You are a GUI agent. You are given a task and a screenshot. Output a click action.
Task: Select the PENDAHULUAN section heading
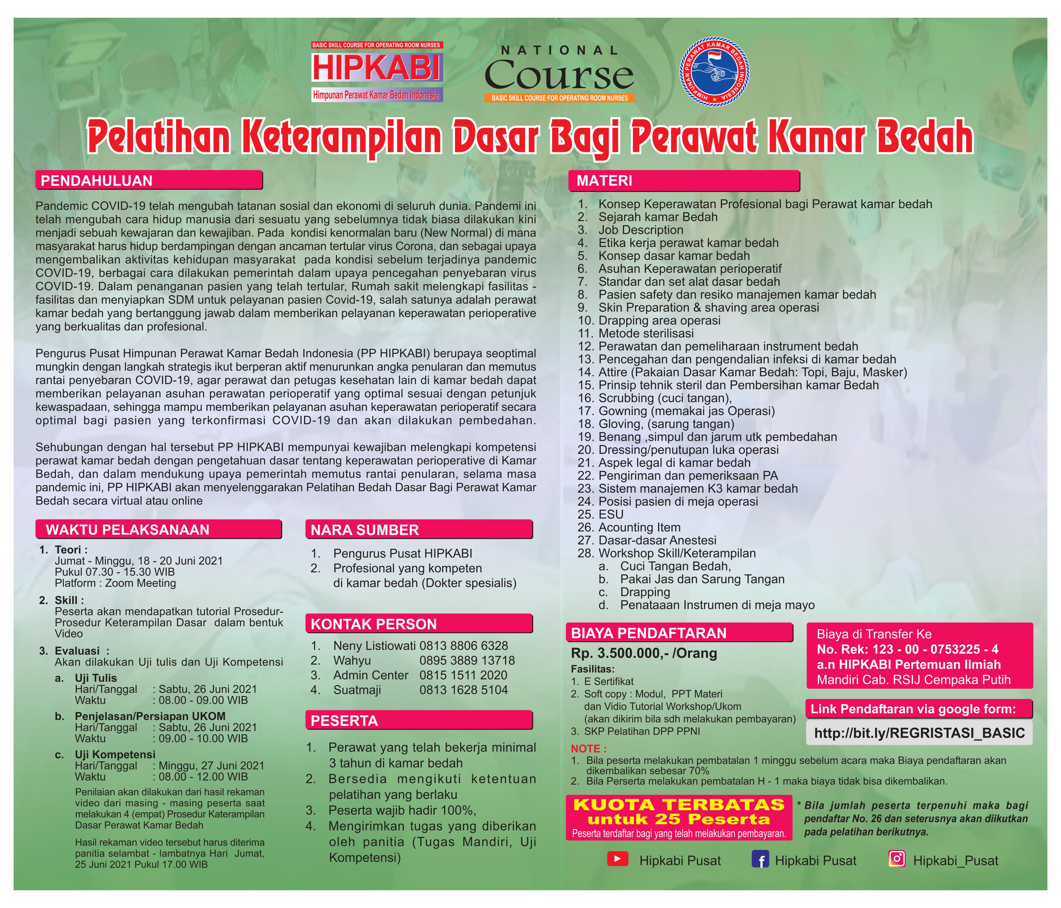(97, 181)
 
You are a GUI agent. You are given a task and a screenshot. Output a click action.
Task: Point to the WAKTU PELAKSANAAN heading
(128, 530)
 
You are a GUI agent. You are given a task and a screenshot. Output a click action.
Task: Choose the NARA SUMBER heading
(365, 530)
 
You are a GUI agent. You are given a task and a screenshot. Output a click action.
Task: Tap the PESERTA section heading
(344, 721)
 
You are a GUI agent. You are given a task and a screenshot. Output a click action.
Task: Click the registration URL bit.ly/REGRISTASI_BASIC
(919, 733)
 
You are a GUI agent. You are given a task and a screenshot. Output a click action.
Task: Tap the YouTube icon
(618, 859)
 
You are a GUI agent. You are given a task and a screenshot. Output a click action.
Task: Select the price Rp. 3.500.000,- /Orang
(644, 653)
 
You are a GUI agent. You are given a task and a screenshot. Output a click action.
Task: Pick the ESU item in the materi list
(611, 514)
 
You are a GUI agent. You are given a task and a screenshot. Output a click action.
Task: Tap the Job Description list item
(641, 230)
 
